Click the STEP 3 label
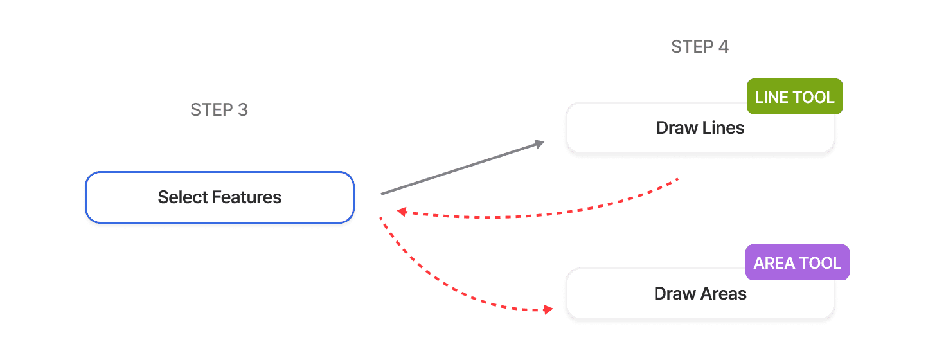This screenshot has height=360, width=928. tap(219, 110)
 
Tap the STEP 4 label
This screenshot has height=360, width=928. tap(700, 47)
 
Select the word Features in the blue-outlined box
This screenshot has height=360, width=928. tap(247, 197)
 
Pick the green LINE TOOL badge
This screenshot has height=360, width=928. tap(794, 97)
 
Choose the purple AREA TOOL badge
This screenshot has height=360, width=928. tap(797, 263)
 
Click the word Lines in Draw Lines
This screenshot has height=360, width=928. tap(722, 128)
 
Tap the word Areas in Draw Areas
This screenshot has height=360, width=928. tap(724, 294)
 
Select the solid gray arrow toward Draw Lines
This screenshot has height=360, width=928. tap(460, 168)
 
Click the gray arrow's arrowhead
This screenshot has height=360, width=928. tap(539, 144)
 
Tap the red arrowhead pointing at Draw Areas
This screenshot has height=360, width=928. tap(547, 310)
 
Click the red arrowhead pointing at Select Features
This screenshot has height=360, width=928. tap(402, 212)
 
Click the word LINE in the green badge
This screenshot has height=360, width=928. tap(772, 97)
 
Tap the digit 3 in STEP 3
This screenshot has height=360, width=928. tap(242, 110)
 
